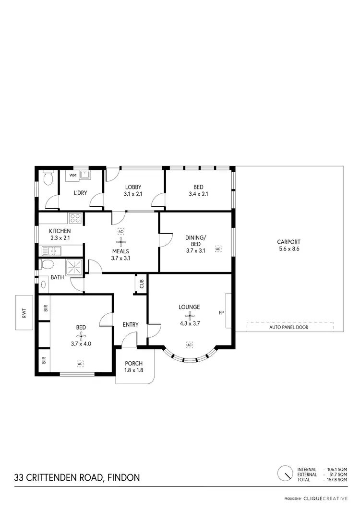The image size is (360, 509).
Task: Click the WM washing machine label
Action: [72, 175]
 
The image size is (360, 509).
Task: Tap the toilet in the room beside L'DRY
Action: [47, 179]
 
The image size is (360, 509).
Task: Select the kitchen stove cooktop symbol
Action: [75, 219]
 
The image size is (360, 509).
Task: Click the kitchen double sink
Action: [50, 250]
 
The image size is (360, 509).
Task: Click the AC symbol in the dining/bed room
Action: [218, 249]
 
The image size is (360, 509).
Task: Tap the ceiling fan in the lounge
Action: [190, 315]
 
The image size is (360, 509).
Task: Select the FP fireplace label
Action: [221, 313]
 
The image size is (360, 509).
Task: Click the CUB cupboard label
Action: [142, 284]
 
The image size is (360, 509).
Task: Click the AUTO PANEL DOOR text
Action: [288, 327]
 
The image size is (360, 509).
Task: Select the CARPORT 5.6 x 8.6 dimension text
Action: [288, 249]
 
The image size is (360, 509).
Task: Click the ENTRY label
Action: [131, 325]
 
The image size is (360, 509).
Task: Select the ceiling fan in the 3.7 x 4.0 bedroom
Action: [80, 335]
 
